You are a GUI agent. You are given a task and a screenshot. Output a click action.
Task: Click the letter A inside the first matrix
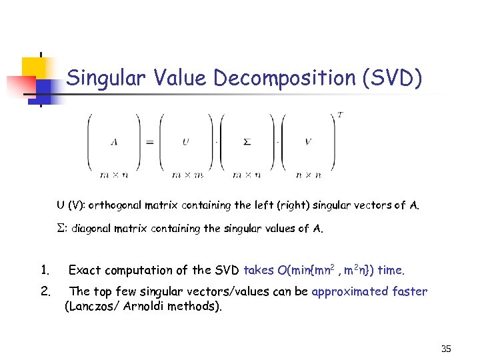pyautogui.click(x=114, y=142)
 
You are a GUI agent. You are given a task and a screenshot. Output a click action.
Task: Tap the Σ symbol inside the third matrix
pyautogui.click(x=246, y=142)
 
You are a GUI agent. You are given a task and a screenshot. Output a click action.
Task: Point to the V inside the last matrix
pyautogui.click(x=308, y=142)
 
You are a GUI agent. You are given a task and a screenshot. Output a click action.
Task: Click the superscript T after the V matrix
pyautogui.click(x=341, y=115)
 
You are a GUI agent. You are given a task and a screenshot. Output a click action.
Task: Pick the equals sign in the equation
pyautogui.click(x=149, y=142)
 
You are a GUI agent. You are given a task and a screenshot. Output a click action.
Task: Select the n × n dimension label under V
pyautogui.click(x=308, y=175)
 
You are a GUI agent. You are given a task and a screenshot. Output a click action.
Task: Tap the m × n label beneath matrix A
pyautogui.click(x=114, y=175)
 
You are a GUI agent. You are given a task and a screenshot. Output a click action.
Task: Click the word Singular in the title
pyautogui.click(x=107, y=79)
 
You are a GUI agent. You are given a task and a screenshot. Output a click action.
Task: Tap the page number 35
pyautogui.click(x=446, y=349)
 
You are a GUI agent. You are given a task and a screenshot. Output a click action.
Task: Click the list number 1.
pyautogui.click(x=45, y=270)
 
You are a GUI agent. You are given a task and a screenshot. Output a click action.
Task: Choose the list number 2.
pyautogui.click(x=45, y=291)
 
